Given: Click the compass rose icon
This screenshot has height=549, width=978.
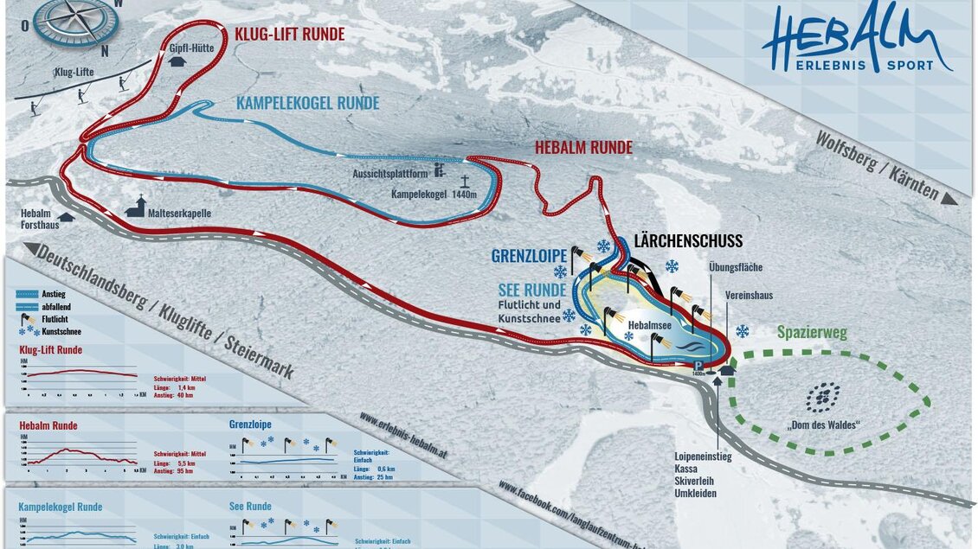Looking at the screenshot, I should pyautogui.click(x=76, y=22).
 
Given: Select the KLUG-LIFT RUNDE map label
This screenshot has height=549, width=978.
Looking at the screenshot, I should pyautogui.click(x=289, y=35).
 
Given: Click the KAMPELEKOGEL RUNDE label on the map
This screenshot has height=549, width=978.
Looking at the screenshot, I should pyautogui.click(x=307, y=104).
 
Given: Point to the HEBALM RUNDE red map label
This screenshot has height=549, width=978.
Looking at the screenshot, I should pyautogui.click(x=583, y=148).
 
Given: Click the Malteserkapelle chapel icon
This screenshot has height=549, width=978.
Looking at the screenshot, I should pyautogui.click(x=135, y=207).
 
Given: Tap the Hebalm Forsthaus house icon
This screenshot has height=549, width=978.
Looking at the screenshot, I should pyautogui.click(x=67, y=216).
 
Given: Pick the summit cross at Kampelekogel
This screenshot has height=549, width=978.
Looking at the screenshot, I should pyautogui.click(x=465, y=182).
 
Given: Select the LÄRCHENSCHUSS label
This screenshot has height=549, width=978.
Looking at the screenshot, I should pyautogui.click(x=688, y=241).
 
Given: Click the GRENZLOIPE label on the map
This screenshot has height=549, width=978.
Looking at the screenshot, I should pyautogui.click(x=529, y=256).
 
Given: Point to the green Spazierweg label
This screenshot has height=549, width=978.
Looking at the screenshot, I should pyautogui.click(x=812, y=332).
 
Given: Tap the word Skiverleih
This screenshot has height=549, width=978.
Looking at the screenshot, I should pyautogui.click(x=698, y=481).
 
